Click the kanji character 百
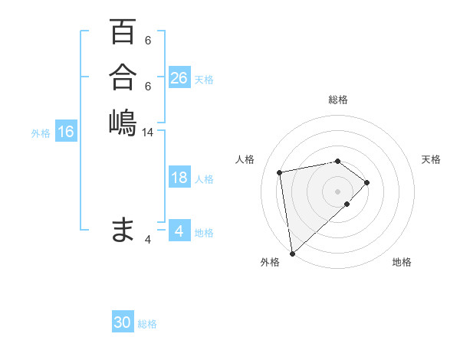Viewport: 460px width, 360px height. coord(123,31)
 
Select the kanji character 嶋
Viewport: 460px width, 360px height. coord(123,122)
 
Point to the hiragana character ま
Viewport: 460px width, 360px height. coord(123,229)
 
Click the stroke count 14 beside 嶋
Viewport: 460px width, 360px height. coord(148,133)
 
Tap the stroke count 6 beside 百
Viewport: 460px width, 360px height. coord(148,41)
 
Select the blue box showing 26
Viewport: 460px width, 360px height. coord(179,78)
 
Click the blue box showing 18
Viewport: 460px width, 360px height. coord(179,178)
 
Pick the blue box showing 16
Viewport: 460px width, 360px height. coord(66,132)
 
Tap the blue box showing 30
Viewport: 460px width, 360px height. coord(123,322)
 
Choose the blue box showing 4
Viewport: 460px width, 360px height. coord(179,231)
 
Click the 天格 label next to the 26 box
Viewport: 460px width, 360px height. coord(204,80)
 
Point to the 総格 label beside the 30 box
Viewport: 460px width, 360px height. coord(147,324)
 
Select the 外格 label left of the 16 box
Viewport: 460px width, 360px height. coord(41,133)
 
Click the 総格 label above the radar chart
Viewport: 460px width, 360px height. coord(338,100)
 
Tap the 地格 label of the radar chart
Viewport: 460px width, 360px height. coord(402,263)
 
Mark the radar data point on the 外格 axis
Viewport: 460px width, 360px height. coord(292,254)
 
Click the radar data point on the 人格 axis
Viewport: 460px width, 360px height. coord(281,172)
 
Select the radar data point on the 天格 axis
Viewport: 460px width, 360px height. coord(368,182)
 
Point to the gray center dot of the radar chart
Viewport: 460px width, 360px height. coord(338,191)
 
